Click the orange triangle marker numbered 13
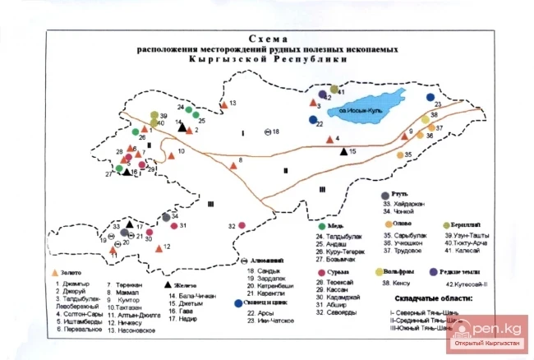pyautogui.click(x=223, y=104)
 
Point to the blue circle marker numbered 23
pyautogui.click(x=430, y=97)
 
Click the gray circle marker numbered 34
pyautogui.click(x=166, y=218)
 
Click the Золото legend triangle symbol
pyautogui.click(x=55, y=271)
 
